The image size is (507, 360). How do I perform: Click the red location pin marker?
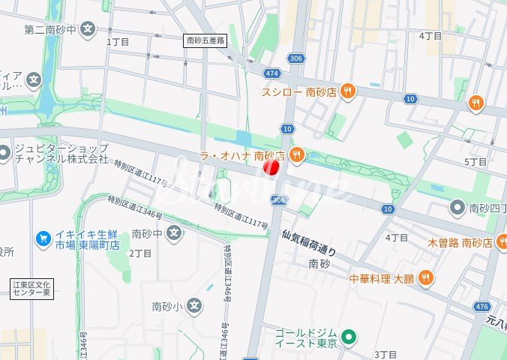[x=271, y=167]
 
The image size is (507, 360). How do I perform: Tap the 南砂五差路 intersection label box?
[x=205, y=41]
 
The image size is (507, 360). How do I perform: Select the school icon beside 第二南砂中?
[x=88, y=30]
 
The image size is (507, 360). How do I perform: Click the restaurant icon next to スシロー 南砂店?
[x=347, y=91]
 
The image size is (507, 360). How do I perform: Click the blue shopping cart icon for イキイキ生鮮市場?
[x=43, y=238]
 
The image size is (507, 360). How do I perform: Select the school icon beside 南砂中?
[x=174, y=233]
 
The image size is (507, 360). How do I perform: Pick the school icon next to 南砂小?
[x=194, y=305]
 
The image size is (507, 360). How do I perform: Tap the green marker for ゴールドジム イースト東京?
[x=347, y=335]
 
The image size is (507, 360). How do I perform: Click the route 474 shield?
[x=271, y=73]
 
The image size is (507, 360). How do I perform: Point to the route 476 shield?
[x=483, y=306]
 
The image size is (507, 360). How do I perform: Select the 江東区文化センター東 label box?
[x=31, y=289]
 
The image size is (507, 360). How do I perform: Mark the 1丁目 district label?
[x=118, y=42]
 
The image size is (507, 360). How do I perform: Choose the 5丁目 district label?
[x=476, y=162]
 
